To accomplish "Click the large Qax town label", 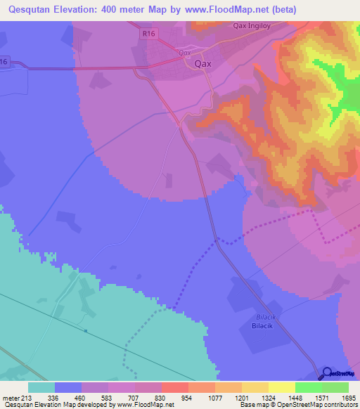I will point(202,63).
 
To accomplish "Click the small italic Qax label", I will point(185,52).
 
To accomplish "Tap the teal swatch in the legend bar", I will point(41,387).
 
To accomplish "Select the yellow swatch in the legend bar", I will point(281,387).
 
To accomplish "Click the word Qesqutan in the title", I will point(32,9).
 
